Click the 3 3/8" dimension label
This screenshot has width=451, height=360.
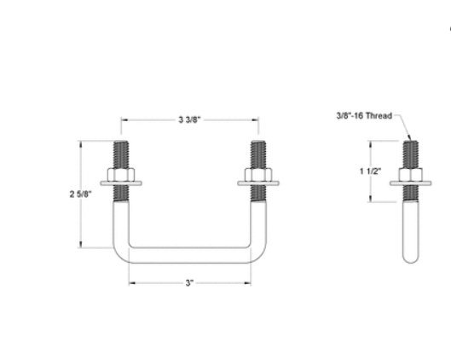point(189,119)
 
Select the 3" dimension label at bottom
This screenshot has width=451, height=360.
point(188,282)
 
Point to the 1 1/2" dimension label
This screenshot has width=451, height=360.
point(370,171)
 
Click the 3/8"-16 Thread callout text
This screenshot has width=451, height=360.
point(363,115)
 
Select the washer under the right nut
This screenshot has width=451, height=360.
point(257,183)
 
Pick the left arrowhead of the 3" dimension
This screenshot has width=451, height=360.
point(131,282)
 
